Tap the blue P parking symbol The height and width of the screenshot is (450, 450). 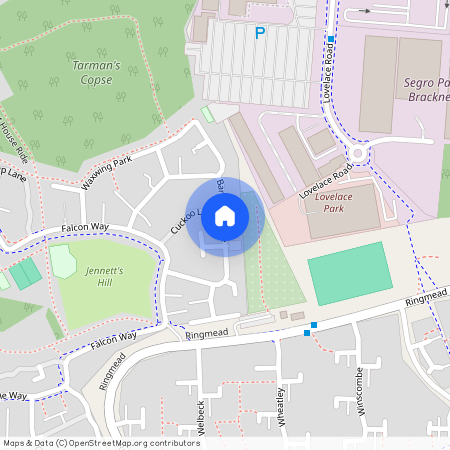coord(260,33)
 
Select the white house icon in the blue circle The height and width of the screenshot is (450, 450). coord(225,216)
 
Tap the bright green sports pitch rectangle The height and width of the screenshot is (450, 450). coord(349,273)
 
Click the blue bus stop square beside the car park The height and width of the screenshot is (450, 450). coord(329,40)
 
